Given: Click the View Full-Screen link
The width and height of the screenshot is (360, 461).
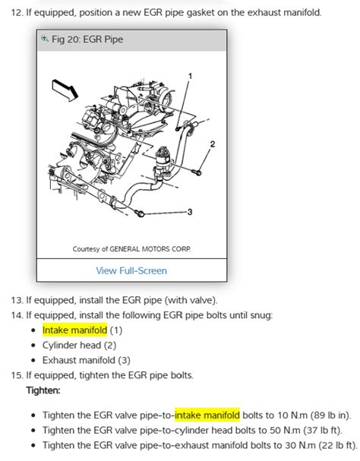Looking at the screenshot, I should click(131, 270).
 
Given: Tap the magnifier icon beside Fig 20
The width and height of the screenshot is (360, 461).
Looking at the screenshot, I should click(46, 39).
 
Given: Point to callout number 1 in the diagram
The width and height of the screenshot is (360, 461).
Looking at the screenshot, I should click(190, 76).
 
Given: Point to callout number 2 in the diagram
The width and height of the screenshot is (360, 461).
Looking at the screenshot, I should click(213, 144).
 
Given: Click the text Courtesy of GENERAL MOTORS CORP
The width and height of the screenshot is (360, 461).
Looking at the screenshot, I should click(131, 248).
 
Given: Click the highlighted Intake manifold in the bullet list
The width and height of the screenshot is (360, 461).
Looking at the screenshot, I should click(74, 330).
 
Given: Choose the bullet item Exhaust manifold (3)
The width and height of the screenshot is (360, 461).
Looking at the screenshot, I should click(87, 360).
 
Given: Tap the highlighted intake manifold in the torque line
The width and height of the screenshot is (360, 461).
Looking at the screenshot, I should click(207, 415).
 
